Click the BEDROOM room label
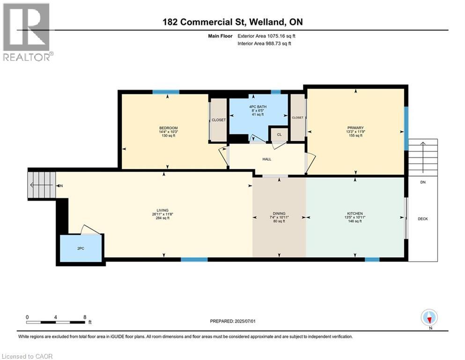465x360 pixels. [168, 128]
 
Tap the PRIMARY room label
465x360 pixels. [355, 128]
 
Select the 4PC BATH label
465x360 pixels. [258, 106]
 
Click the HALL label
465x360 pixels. [266, 159]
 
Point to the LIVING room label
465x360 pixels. [162, 210]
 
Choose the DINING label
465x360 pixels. [279, 213]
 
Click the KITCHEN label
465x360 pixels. [355, 213]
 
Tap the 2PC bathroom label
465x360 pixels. [81, 248]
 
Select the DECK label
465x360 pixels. [423, 219]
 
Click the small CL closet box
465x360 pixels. [279, 134]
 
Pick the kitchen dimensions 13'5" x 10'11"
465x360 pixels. [355, 217]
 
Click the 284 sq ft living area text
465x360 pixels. [162, 218]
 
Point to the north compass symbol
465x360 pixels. [429, 318]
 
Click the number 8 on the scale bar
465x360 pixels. [85, 317]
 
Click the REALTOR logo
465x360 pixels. [27, 32]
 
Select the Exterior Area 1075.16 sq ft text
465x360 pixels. [266, 36]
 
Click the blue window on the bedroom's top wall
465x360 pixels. [166, 92]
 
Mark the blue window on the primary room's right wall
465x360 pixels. [406, 128]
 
